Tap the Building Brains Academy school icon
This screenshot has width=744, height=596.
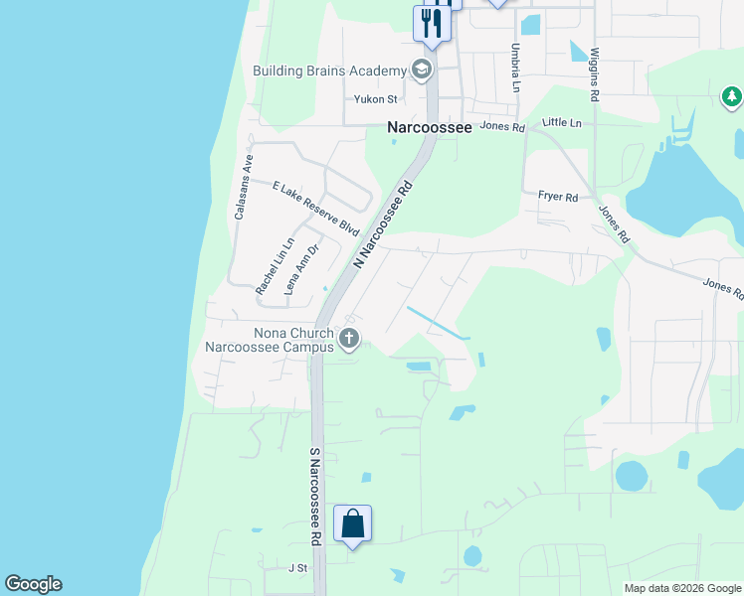tap(422, 70)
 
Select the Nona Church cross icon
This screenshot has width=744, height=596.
tap(348, 340)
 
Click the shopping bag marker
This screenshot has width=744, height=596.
tap(353, 522)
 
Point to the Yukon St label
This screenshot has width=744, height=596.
tap(376, 99)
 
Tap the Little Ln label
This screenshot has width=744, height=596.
tap(561, 122)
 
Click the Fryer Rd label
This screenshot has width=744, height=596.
tap(558, 198)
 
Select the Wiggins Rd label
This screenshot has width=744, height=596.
tap(595, 74)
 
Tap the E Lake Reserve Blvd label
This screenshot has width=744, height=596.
tap(315, 208)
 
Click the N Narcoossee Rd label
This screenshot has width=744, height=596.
tap(383, 223)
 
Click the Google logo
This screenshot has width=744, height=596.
tap(33, 584)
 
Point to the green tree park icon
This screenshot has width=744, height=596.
tap(731, 96)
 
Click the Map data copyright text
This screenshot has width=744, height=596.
tap(682, 588)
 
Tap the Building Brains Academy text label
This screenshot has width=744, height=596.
tap(330, 71)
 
